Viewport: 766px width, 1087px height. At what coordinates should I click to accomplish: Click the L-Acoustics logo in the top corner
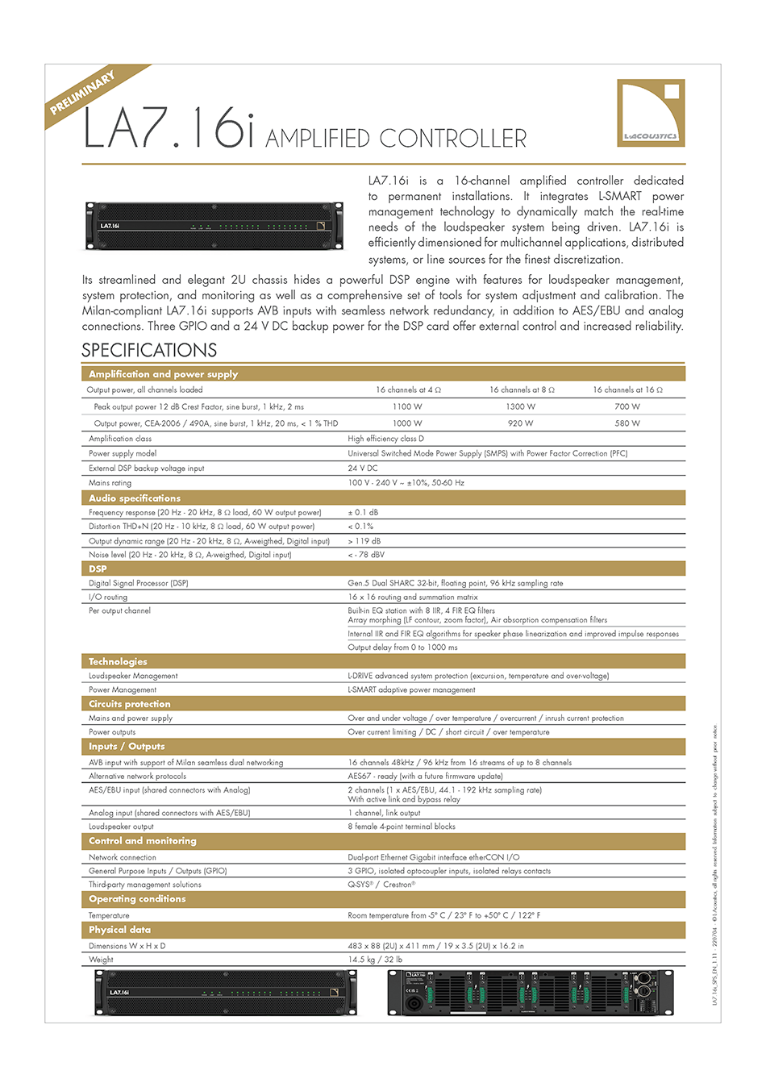[650, 113]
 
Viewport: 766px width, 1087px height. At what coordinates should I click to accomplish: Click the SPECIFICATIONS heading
[149, 350]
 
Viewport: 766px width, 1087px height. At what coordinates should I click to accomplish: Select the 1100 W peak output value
[407, 406]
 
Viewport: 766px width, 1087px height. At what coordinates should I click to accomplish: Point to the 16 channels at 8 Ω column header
[522, 389]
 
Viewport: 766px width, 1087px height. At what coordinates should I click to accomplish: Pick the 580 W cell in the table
[627, 423]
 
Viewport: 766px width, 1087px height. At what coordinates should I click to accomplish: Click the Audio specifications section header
[135, 498]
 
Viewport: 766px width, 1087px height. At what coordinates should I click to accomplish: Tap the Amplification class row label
[120, 439]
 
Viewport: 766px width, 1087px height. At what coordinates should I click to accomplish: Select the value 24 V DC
[363, 468]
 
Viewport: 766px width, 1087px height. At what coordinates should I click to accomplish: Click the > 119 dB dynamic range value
[364, 541]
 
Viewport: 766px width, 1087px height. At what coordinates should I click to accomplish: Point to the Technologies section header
[118, 661]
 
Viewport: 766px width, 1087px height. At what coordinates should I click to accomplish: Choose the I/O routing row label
[108, 597]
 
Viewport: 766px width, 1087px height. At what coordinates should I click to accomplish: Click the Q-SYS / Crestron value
[381, 885]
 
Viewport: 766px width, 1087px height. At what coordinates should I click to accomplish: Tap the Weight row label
[101, 960]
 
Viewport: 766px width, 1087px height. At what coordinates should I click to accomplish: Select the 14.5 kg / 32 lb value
[375, 960]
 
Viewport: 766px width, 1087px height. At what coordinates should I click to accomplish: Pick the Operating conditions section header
[137, 899]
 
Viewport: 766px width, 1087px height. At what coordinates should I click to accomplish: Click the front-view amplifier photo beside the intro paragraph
[214, 227]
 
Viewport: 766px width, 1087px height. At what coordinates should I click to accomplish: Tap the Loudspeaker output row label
[121, 827]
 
